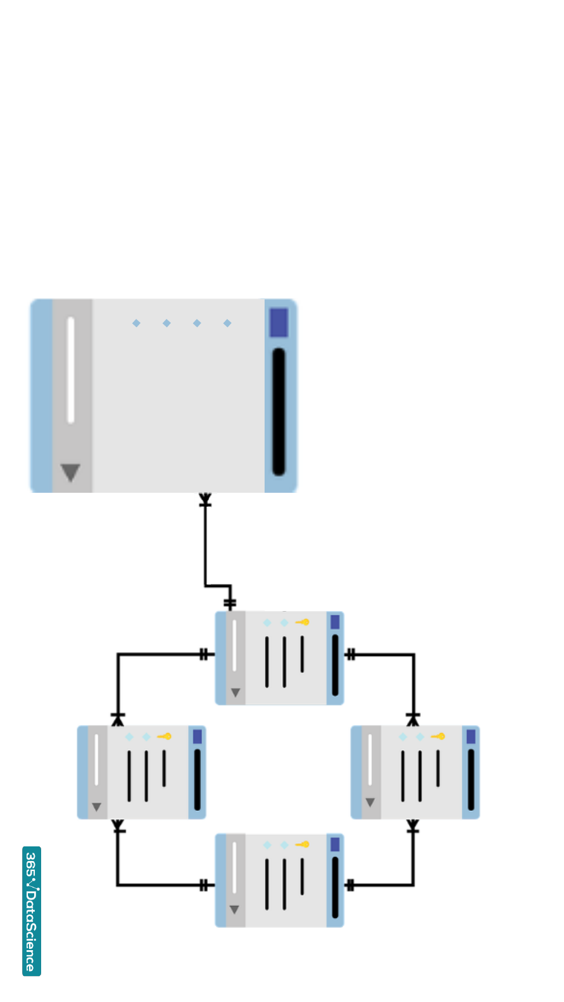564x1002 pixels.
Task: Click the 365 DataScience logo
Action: tap(32, 910)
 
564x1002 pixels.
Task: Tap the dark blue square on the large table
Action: tap(279, 323)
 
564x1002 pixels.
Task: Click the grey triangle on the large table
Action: tap(70, 472)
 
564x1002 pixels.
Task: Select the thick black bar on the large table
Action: tap(279, 411)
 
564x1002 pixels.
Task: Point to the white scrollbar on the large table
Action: tap(71, 370)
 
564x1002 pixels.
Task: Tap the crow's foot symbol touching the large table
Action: tap(205, 500)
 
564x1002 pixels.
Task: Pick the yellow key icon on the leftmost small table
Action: tap(165, 736)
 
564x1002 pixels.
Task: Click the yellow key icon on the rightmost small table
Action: tap(438, 736)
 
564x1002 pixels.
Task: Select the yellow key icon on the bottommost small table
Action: tap(303, 844)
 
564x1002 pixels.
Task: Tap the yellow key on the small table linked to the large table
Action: tap(303, 622)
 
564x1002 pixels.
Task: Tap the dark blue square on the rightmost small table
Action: tap(471, 736)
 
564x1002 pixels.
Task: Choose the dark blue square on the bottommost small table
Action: tap(335, 844)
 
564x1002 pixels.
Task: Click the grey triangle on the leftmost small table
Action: tap(96, 807)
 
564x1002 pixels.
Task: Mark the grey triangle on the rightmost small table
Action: tap(370, 803)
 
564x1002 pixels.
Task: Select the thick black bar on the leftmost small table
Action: tap(197, 779)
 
